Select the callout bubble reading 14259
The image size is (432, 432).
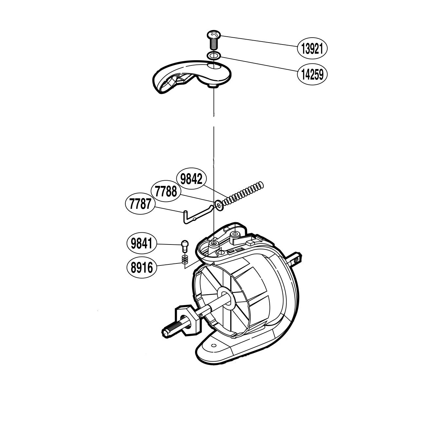point(312,75)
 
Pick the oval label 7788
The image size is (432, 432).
point(166,191)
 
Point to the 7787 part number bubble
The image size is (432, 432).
point(140,204)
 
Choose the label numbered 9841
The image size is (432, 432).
point(141,244)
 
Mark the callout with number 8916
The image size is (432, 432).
point(141,268)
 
